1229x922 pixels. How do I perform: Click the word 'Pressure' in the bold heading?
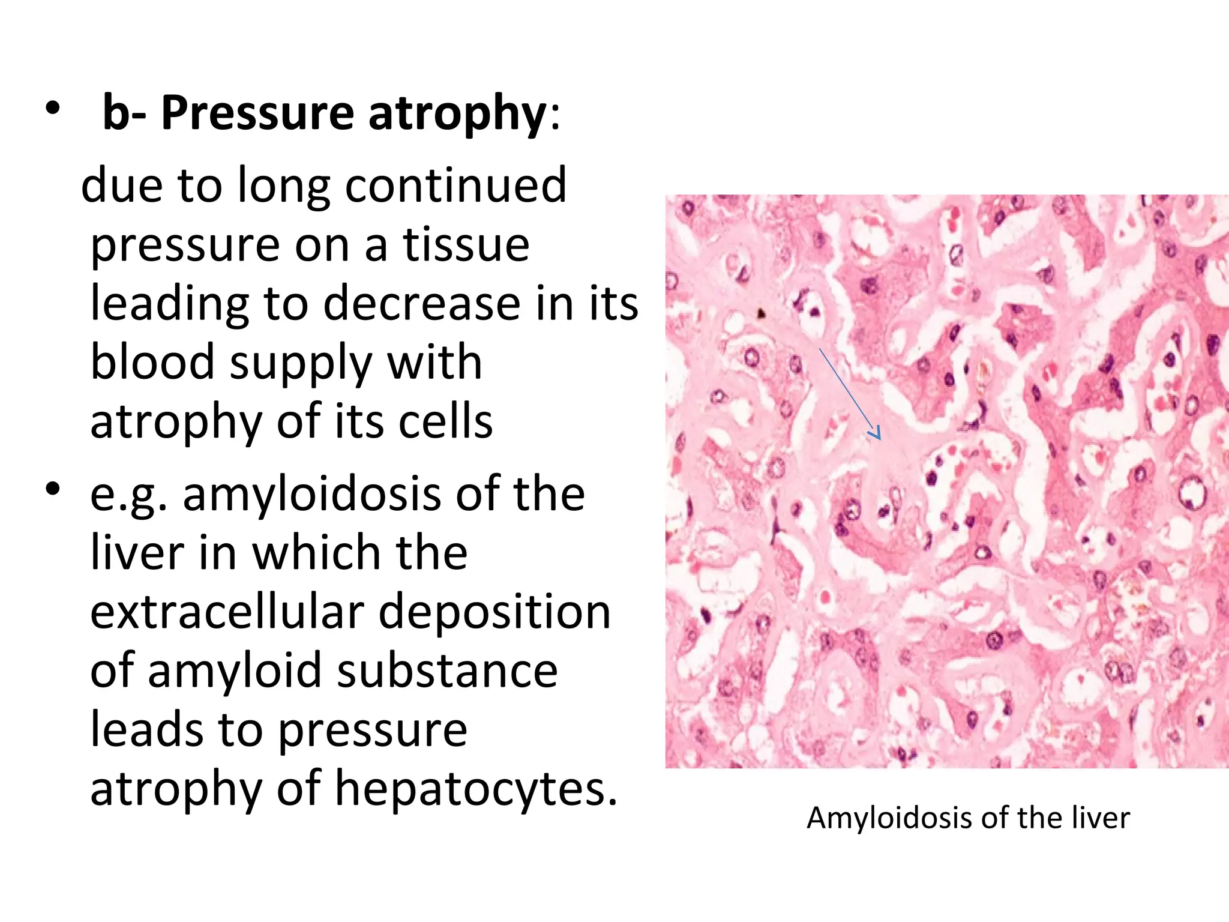click(x=257, y=113)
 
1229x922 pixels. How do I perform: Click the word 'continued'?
click(x=455, y=185)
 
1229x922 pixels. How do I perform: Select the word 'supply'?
click(x=301, y=364)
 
